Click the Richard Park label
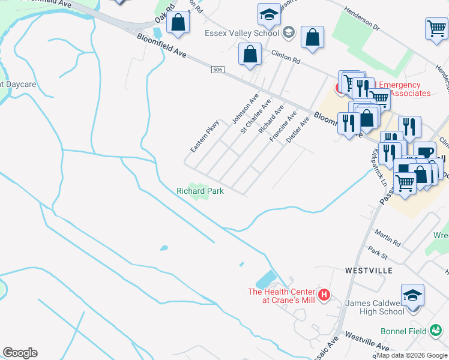pos(200,191)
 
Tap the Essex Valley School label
pos(241,33)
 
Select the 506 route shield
pos(217,71)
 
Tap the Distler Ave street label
pos(298,130)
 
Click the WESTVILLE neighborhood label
pos(369,271)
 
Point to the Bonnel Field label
pos(403,331)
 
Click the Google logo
pos(20,353)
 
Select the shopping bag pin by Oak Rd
pos(178,24)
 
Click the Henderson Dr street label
pos(364,20)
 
